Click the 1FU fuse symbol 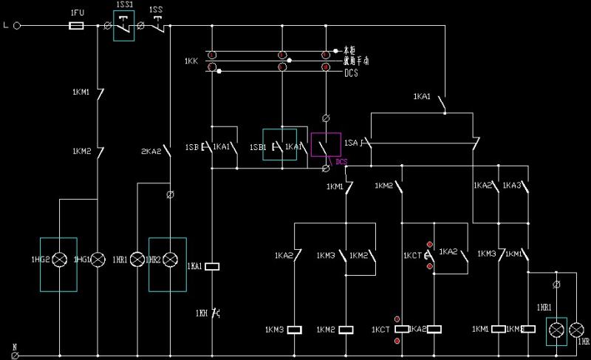tap(75, 25)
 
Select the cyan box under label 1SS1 tap(125, 26)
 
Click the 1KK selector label tap(191, 61)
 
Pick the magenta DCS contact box tap(326, 145)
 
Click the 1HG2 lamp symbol tap(58, 259)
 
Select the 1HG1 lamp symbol tap(98, 259)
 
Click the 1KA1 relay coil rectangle tap(213, 266)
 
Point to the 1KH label tap(202, 313)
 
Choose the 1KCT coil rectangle tap(401, 329)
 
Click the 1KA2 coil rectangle tap(434, 329)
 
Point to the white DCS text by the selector tap(352, 73)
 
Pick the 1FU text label tap(77, 13)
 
